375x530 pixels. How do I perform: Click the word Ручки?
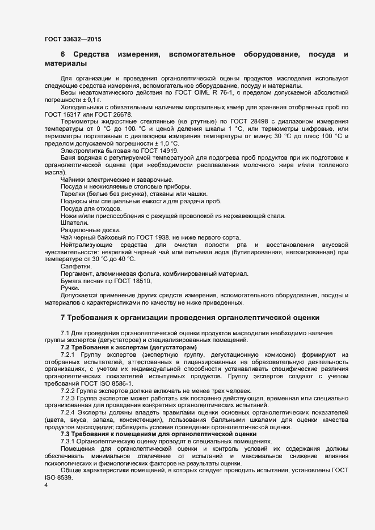[70, 288]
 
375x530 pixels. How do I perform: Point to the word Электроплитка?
[84, 150]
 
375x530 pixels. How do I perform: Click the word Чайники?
[75, 178]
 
